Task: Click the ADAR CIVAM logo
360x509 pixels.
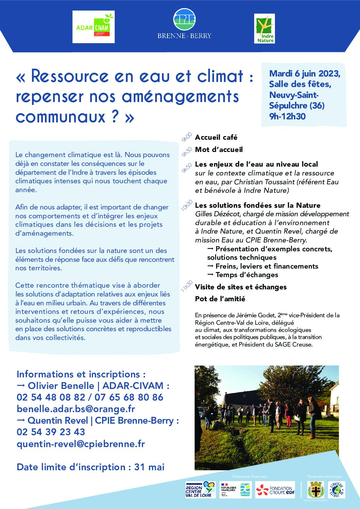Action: pyautogui.click(x=94, y=27)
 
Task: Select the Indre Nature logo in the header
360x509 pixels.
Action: pyautogui.click(x=264, y=29)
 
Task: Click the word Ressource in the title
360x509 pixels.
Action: pyautogui.click(x=70, y=76)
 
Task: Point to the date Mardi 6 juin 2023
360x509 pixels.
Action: pyautogui.click(x=305, y=73)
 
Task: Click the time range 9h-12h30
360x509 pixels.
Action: pyautogui.click(x=288, y=116)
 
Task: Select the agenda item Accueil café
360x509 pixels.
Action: pyautogui.click(x=216, y=137)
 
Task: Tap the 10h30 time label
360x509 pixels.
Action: pyautogui.click(x=186, y=206)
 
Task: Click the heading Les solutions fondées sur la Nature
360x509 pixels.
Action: pyautogui.click(x=258, y=205)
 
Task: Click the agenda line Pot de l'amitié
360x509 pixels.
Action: pyautogui.click(x=220, y=299)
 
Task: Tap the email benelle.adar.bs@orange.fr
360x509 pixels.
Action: pyautogui.click(x=76, y=409)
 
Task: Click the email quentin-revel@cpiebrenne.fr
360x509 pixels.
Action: pyautogui.click(x=81, y=444)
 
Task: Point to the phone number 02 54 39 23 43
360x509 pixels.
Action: pyautogui.click(x=51, y=432)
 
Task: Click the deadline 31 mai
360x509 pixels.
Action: pyautogui.click(x=149, y=467)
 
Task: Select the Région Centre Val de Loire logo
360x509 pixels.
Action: pyautogui.click(x=200, y=490)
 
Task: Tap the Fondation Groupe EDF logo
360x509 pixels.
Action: pyautogui.click(x=275, y=490)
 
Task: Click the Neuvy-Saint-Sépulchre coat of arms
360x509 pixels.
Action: pyautogui.click(x=315, y=490)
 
